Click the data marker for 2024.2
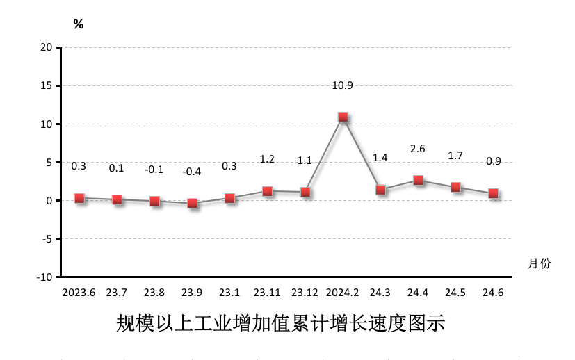click(x=343, y=117)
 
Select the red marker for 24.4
click(x=418, y=181)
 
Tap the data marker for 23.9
click(x=193, y=204)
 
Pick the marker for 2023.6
click(x=79, y=198)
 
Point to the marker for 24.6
click(x=493, y=194)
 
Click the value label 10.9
click(x=343, y=86)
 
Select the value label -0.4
click(x=191, y=171)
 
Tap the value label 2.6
click(x=418, y=148)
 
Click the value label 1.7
click(x=455, y=155)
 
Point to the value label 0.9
click(x=493, y=161)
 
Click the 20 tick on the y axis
click(x=47, y=47)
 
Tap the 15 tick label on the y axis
click(x=47, y=85)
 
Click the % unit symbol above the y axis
click(x=79, y=24)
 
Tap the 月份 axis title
click(x=539, y=263)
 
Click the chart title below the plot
click(x=280, y=325)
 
